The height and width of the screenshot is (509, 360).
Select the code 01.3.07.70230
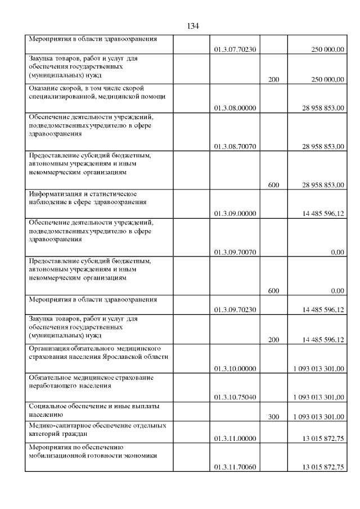click(235, 49)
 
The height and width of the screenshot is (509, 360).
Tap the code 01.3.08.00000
click(235, 107)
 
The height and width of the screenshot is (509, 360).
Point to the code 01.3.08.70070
click(235, 146)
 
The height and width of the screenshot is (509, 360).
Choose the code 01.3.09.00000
click(235, 213)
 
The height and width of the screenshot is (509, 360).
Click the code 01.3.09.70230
click(235, 309)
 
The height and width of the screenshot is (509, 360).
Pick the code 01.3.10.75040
click(235, 397)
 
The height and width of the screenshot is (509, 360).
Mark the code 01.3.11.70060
click(235, 467)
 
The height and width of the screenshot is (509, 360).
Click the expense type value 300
click(273, 416)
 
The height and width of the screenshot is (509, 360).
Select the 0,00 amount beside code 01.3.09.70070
click(337, 253)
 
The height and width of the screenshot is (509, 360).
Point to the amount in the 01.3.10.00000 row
click(318, 368)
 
